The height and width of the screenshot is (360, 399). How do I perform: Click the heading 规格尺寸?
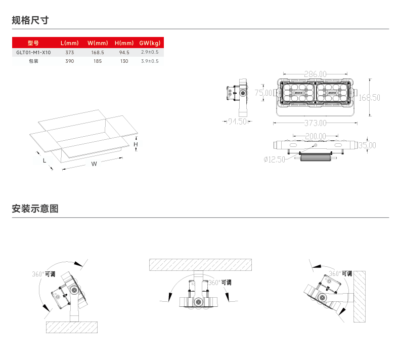[30, 20]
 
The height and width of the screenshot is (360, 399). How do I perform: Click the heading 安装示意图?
[35, 208]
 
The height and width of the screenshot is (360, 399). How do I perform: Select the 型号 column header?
[33, 43]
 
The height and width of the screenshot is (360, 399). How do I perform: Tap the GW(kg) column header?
[150, 43]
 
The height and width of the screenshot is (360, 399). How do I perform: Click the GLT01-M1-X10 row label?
[33, 52]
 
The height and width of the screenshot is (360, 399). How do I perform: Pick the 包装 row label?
[33, 61]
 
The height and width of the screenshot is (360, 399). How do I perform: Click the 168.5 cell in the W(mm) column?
[98, 52]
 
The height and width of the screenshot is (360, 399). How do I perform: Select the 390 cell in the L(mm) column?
[70, 61]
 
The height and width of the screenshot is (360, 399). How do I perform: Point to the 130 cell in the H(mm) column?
[124, 61]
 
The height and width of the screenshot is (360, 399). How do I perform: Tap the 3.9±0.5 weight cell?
[150, 61]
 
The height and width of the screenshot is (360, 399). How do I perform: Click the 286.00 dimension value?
[315, 74]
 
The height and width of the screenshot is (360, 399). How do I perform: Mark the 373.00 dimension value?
[315, 123]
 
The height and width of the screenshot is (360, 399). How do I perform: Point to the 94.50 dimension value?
[237, 122]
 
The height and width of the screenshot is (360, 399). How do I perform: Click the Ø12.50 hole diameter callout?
[275, 159]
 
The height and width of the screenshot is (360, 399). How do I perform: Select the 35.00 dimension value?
[367, 145]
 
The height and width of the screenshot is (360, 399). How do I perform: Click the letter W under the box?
[94, 164]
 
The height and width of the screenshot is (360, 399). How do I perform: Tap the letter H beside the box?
[136, 145]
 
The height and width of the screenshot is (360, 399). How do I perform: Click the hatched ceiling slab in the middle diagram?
[200, 264]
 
